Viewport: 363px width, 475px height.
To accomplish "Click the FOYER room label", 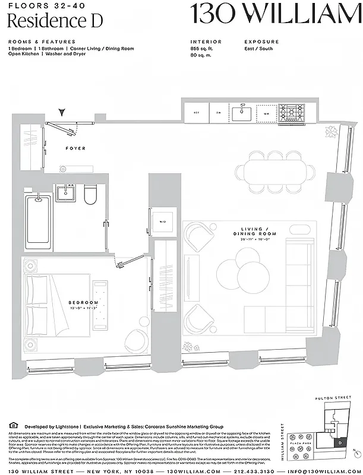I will pos(75,148).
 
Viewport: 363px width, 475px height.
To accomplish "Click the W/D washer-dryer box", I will pos(162,222).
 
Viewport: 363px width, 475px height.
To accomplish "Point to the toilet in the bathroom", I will pos(90,195).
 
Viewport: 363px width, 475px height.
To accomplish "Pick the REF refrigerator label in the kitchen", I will pos(196,112).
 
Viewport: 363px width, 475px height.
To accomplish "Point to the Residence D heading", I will pos(55,21).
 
